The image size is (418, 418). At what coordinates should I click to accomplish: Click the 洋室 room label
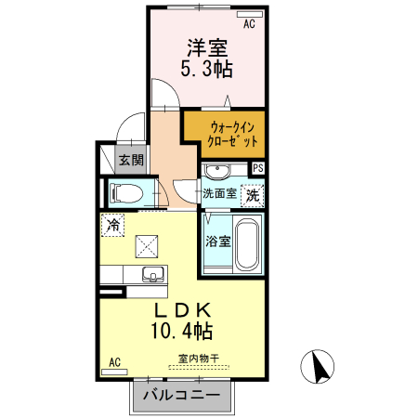tap(206, 46)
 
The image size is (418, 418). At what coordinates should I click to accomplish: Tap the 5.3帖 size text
tap(206, 68)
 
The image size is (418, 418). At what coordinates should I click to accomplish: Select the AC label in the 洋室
tap(249, 25)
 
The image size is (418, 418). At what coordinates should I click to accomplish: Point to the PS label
tap(257, 168)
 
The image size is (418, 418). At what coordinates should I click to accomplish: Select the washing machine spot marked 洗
tap(252, 196)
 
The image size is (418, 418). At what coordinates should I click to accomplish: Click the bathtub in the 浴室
tap(247, 244)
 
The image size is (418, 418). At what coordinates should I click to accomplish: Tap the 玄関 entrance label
tap(131, 160)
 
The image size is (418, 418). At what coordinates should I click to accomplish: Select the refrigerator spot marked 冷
tap(112, 224)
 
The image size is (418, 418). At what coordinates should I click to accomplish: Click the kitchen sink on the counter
tap(152, 274)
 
